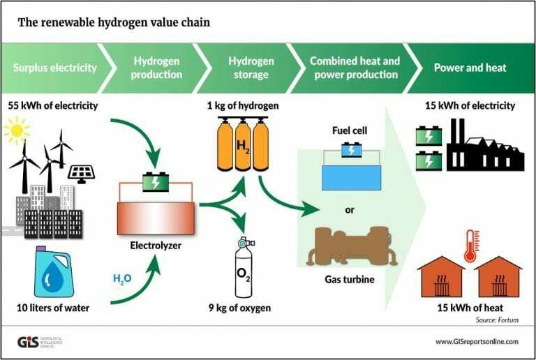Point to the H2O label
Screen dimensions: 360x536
click(x=123, y=279)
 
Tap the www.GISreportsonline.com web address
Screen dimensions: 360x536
click(x=477, y=341)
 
